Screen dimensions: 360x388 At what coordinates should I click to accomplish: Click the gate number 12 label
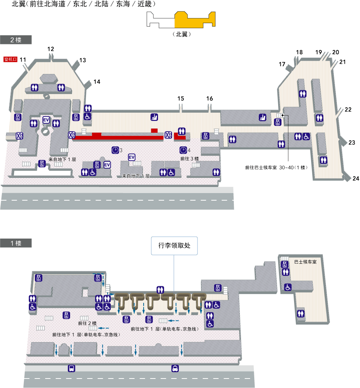pyautogui.click(x=51, y=49)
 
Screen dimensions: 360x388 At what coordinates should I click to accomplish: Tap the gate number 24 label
pyautogui.click(x=356, y=178)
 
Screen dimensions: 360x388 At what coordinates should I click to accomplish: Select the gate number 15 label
pyautogui.click(x=181, y=99)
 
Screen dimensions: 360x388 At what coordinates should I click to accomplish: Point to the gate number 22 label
pyautogui.click(x=348, y=110)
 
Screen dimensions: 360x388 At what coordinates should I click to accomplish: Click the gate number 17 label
pyautogui.click(x=282, y=64)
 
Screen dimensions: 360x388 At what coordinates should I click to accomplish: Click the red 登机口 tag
pyautogui.click(x=10, y=60)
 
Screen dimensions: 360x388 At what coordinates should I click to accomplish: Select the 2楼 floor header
pyautogui.click(x=16, y=40)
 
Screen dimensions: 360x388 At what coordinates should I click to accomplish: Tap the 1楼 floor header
pyautogui.click(x=16, y=243)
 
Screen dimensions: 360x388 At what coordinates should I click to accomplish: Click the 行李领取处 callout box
pyautogui.click(x=174, y=246)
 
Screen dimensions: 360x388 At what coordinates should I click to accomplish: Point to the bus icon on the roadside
pyautogui.click(x=72, y=368)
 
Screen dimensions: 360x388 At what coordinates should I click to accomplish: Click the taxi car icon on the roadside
pyautogui.click(x=175, y=368)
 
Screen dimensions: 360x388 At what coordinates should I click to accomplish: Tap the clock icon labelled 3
pyautogui.click(x=115, y=150)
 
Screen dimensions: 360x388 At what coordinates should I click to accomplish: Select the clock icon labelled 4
pyautogui.click(x=183, y=150)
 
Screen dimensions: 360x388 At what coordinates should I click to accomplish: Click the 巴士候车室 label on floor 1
pyautogui.click(x=305, y=262)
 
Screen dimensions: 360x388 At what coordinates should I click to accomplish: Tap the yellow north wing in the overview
pyautogui.click(x=195, y=20)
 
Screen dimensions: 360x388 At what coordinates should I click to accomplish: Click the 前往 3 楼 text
pyautogui.click(x=189, y=159)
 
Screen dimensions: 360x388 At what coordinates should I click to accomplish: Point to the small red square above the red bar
pyautogui.click(x=154, y=130)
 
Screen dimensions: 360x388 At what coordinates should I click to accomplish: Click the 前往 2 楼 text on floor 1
pyautogui.click(x=87, y=323)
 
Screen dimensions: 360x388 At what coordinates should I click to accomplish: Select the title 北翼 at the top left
pyautogui.click(x=19, y=4)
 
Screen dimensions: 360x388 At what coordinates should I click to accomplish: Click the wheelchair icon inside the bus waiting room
pyautogui.click(x=288, y=287)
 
